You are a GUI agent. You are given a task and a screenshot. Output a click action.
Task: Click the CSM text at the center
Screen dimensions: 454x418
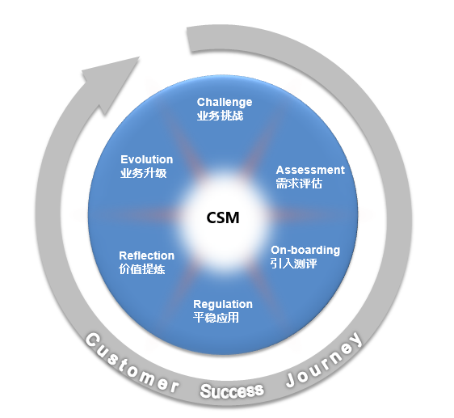point(223,217)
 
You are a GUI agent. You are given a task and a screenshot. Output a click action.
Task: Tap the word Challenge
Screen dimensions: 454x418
point(225,103)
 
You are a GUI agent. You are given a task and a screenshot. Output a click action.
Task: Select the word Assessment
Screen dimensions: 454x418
point(310,170)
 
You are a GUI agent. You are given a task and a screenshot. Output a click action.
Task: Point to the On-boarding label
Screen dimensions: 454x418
point(305,251)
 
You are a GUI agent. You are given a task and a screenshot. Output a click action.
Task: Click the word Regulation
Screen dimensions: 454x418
point(223,305)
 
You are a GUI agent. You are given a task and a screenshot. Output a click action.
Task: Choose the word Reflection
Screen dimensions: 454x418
point(146,255)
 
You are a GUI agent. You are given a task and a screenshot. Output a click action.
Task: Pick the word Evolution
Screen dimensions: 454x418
point(146,159)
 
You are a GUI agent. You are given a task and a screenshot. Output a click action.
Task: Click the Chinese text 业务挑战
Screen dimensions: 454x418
point(220,116)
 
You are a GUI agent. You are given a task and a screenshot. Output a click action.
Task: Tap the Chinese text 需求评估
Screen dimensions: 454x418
point(299,184)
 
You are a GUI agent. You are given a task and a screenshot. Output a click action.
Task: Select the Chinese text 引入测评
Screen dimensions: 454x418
point(293,264)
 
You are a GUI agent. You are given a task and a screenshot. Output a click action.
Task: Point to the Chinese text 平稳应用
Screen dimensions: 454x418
point(216,318)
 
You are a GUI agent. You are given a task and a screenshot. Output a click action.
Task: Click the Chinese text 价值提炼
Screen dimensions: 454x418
point(142,269)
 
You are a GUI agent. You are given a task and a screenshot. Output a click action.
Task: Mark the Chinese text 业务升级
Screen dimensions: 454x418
point(143,173)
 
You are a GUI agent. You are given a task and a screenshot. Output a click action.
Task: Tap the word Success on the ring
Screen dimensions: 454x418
point(232,391)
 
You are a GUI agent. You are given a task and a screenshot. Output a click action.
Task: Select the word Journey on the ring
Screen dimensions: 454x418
point(324,361)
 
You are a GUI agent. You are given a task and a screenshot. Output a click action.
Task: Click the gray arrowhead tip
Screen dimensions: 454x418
point(139,57)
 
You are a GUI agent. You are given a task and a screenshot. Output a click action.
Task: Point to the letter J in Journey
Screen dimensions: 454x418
point(292,380)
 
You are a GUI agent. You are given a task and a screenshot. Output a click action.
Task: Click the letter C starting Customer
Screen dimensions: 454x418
point(93,340)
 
